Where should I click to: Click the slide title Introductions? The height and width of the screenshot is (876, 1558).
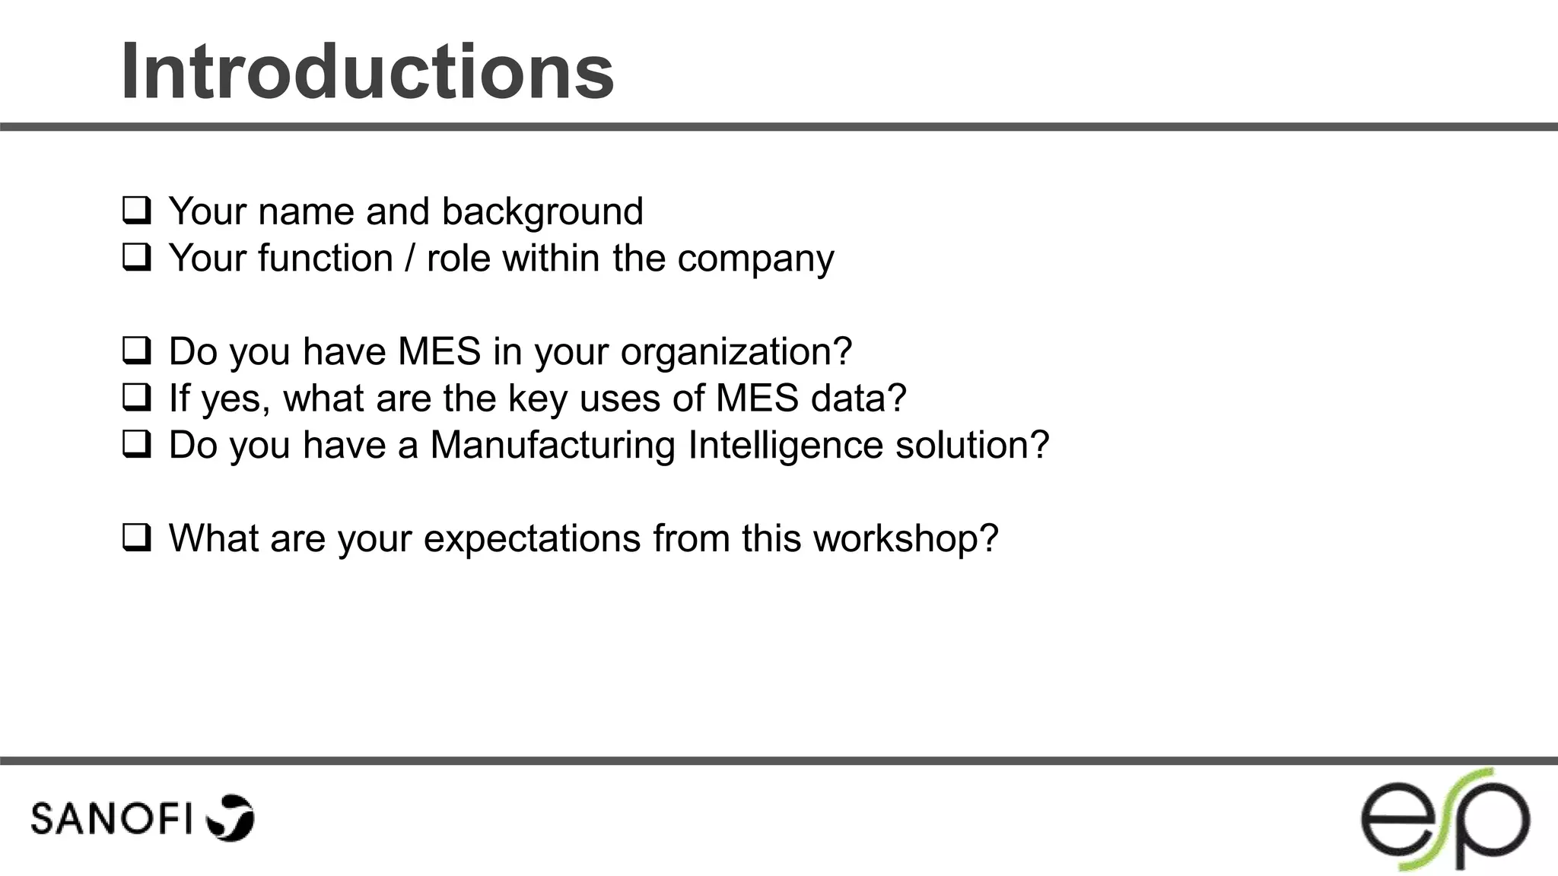coord(367,72)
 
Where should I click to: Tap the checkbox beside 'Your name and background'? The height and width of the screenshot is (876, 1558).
coord(136,211)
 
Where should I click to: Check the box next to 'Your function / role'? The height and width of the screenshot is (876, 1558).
coord(136,258)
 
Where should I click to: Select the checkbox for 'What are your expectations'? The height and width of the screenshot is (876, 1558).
coord(136,538)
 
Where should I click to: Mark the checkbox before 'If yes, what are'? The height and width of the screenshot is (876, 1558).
coord(136,398)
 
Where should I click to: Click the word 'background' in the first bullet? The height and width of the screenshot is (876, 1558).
coord(542,211)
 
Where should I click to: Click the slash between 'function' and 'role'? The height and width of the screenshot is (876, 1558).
coord(410,258)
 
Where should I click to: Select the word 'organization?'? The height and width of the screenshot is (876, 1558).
coord(736,352)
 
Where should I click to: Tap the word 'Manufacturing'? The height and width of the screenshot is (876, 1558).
coord(552,445)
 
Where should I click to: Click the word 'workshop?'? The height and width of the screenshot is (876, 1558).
coord(905,538)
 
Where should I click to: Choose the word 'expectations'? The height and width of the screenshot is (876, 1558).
coord(532,539)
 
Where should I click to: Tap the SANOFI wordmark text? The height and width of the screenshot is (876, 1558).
coord(111,819)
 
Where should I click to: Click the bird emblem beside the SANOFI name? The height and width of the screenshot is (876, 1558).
coord(231,817)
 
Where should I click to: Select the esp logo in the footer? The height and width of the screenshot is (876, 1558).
coord(1445,820)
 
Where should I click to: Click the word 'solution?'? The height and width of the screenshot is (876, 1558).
coord(972,445)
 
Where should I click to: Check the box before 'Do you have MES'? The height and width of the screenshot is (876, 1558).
coord(136,351)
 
